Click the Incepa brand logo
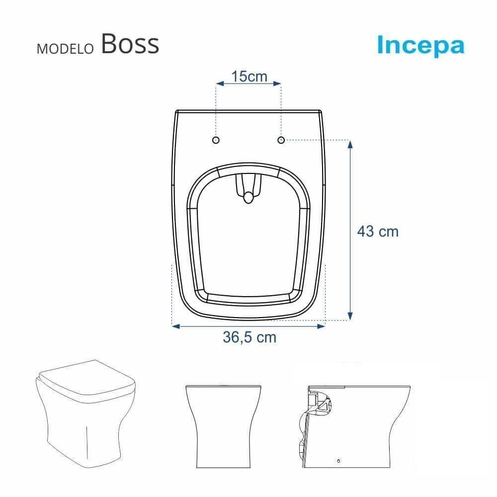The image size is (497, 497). coord(420,45)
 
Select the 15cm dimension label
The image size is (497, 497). coord(249,77)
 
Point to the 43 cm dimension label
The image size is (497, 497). coord(378,231)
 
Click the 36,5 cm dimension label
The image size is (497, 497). coord(249,337)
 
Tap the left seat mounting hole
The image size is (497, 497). coord(216,140)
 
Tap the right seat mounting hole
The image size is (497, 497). coord(281,140)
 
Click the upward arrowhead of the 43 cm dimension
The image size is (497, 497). coord(350,145)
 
